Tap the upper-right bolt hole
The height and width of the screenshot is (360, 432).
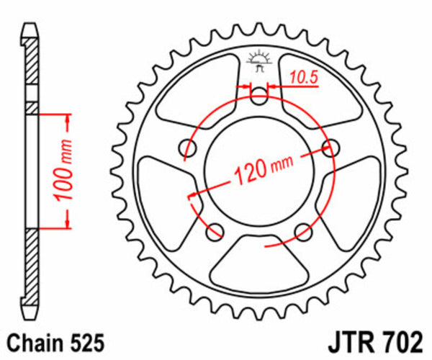click(331, 148)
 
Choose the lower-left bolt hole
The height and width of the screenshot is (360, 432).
click(214, 231)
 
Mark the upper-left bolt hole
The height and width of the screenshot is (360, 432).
click(188, 148)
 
